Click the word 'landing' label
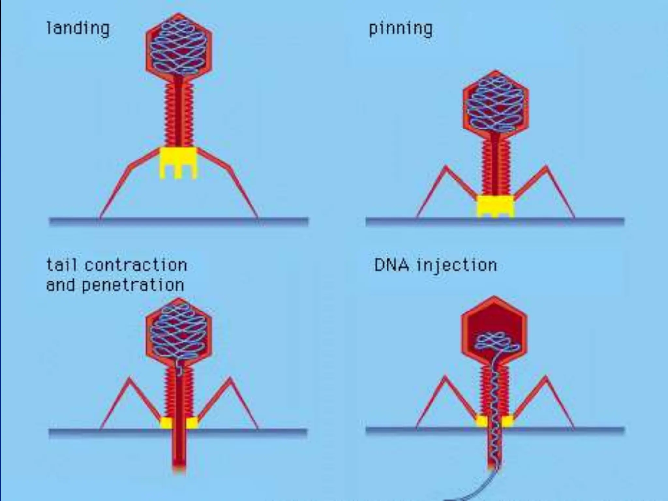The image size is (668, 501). [78, 29]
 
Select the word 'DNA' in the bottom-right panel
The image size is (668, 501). [391, 265]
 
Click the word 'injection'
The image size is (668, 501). [457, 265]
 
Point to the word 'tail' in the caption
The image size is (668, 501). [62, 265]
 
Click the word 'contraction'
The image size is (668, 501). [136, 265]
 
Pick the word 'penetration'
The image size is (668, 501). [133, 285]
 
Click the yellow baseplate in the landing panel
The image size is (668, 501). [178, 161]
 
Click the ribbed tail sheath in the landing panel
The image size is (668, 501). [178, 114]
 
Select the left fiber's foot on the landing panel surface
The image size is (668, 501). [100, 217]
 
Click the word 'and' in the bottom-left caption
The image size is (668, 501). [60, 285]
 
